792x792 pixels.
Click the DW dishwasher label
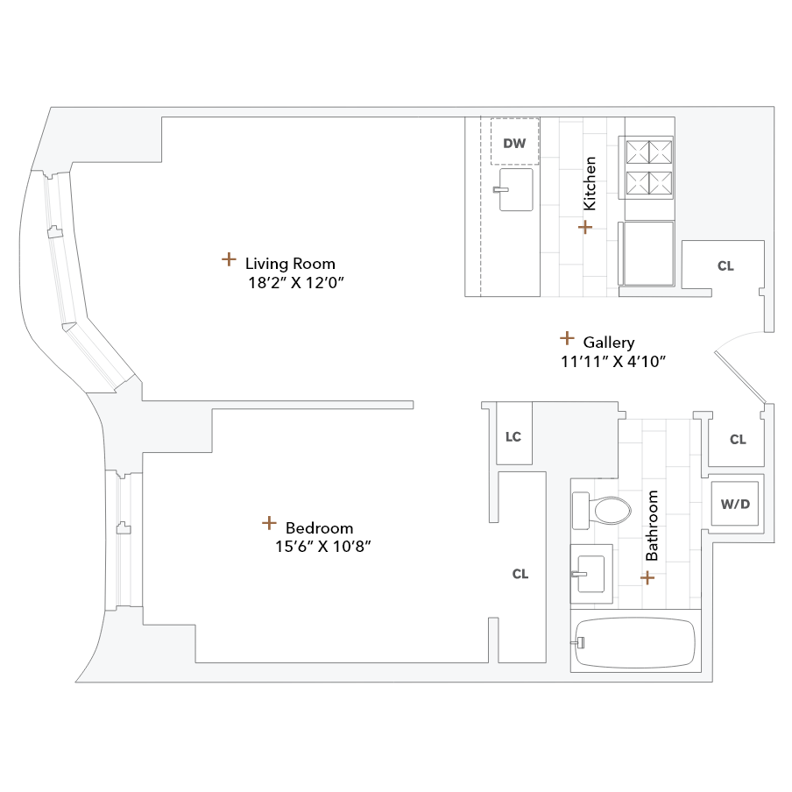pos(515,143)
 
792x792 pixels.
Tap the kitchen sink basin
pos(516,190)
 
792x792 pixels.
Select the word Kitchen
pos(590,183)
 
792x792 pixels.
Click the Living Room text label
pos(290,263)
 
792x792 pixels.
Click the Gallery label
pos(609,343)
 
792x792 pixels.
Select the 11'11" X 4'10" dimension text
pos(615,362)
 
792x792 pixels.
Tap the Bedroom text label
pos(319,527)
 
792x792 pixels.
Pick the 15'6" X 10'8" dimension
pos(318,547)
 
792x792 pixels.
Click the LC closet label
pos(513,435)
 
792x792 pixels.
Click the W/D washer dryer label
pos(735,504)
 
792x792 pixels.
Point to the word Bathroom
pos(652,526)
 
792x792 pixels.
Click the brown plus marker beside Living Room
pos(228,259)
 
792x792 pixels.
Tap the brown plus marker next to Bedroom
pos(269,523)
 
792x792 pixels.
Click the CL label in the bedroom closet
pos(520,574)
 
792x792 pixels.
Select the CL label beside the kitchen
pos(725,265)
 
